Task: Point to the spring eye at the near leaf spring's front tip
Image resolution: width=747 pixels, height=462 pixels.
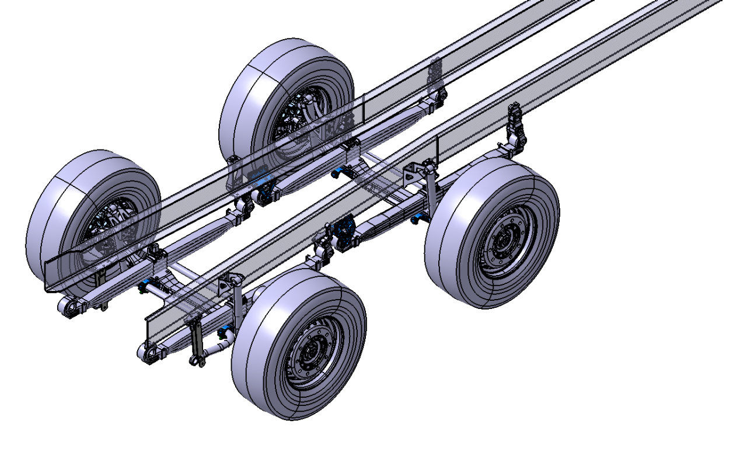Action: pyautogui.click(x=148, y=353)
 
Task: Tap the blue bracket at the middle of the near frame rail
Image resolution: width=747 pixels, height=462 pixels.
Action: pyautogui.click(x=343, y=230)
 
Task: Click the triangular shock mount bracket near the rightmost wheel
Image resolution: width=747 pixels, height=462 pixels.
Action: pyautogui.click(x=414, y=173)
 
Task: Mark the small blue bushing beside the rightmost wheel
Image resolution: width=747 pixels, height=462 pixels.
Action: pyautogui.click(x=416, y=219)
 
